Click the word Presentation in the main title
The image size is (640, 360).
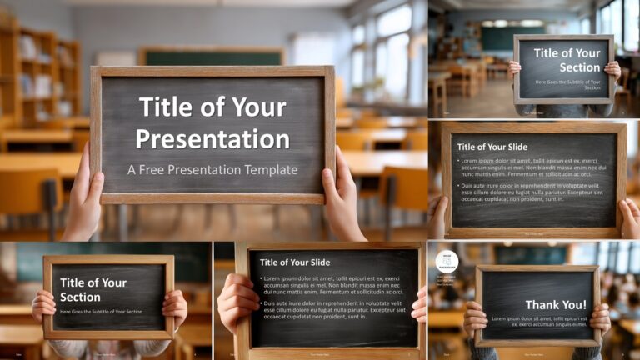(x=212, y=138)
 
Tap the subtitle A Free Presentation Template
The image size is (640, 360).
(x=212, y=170)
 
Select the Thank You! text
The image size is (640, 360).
(x=556, y=305)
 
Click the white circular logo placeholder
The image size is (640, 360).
(x=447, y=261)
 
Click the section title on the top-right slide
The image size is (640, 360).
(x=567, y=60)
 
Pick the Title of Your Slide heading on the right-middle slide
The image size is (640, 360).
(x=495, y=147)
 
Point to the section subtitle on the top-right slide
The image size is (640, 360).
(x=567, y=84)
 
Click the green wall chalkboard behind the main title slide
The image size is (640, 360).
(x=208, y=57)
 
